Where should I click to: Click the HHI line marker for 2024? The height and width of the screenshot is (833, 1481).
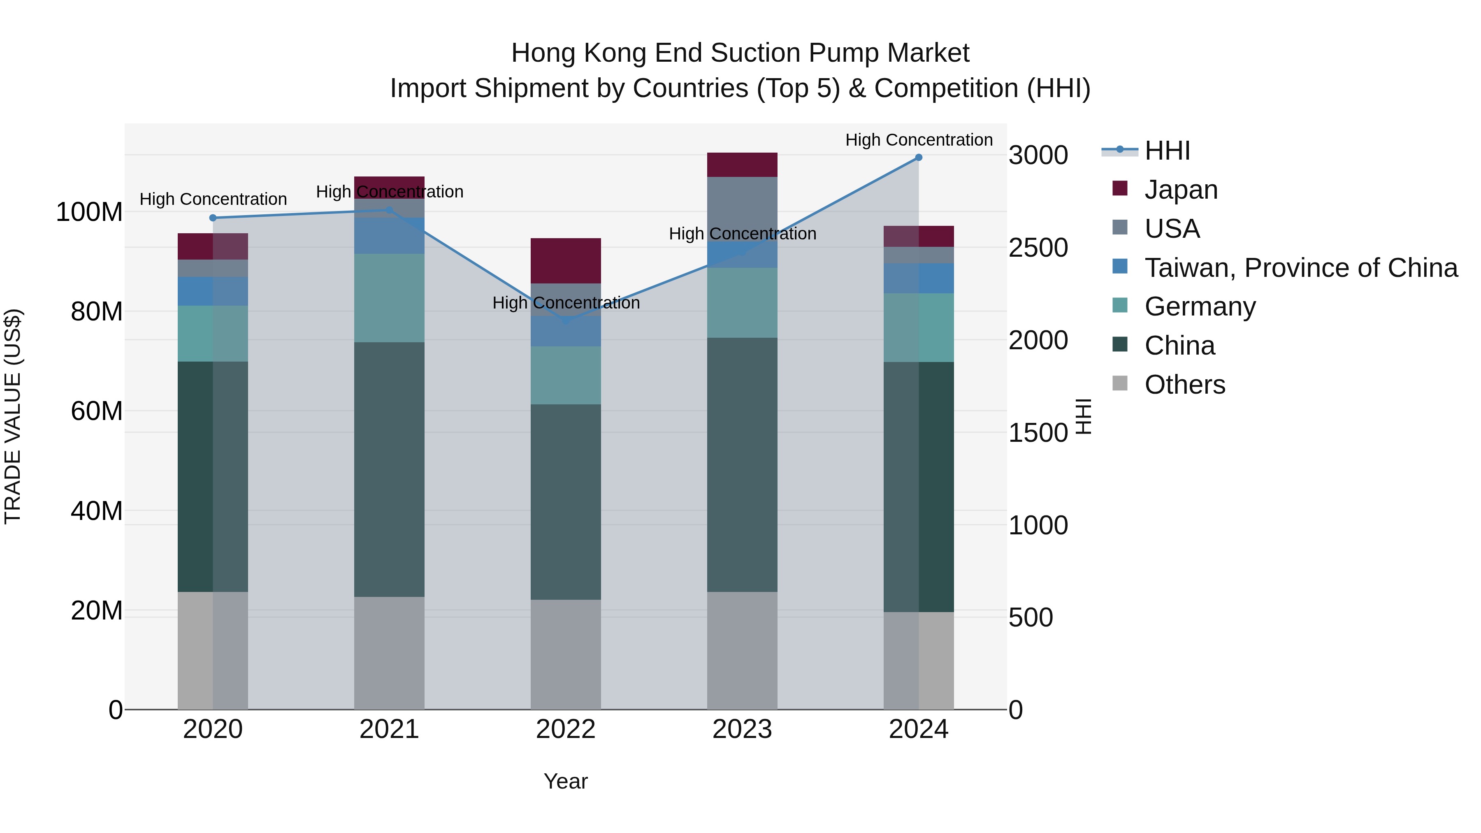pos(918,158)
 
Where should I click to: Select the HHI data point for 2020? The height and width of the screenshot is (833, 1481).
pos(213,218)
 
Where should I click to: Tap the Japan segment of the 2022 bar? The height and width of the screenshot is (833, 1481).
pos(566,260)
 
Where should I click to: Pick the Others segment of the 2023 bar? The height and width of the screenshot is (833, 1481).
pos(742,650)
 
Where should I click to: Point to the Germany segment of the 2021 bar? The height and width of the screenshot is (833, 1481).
pos(389,298)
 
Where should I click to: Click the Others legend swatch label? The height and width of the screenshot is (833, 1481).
pos(1184,385)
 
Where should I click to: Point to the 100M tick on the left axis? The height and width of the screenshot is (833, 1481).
pos(89,212)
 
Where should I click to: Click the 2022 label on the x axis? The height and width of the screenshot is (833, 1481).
pos(566,729)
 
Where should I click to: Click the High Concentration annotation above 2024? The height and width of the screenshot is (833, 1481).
pos(918,140)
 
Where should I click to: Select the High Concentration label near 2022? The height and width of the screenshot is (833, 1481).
pos(566,302)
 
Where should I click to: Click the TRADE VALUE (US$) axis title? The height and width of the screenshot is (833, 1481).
pos(13,416)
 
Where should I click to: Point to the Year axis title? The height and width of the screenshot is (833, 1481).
pos(566,781)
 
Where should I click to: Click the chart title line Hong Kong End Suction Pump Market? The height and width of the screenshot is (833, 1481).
pos(740,53)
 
